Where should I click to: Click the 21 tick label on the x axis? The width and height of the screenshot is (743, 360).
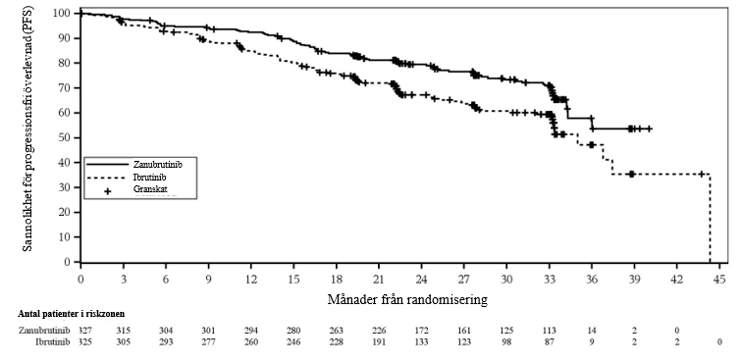pyautogui.click(x=379, y=279)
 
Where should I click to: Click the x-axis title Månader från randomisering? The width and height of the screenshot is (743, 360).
pyautogui.click(x=407, y=299)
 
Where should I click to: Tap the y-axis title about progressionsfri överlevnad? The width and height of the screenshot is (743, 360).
pyautogui.click(x=27, y=129)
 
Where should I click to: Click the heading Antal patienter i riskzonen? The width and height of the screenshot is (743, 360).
pyautogui.click(x=72, y=314)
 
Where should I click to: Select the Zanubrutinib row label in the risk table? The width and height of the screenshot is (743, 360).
pyautogui.click(x=44, y=330)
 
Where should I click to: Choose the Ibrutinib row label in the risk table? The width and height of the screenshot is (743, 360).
pyautogui.click(x=53, y=341)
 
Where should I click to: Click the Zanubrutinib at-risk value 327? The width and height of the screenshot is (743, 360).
pyautogui.click(x=80, y=330)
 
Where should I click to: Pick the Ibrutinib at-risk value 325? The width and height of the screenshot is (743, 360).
pyautogui.click(x=80, y=341)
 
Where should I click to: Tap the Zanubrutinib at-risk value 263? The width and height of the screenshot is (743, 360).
pyautogui.click(x=337, y=330)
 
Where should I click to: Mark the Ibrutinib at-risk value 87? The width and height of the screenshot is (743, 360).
pyautogui.click(x=550, y=341)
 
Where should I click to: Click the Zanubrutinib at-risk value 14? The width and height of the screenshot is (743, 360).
pyautogui.click(x=592, y=330)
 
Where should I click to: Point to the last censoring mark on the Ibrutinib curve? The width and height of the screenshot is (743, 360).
pyautogui.click(x=702, y=175)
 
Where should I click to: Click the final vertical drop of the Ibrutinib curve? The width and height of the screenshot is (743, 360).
pyautogui.click(x=710, y=218)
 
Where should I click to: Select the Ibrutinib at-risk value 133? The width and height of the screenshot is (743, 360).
pyautogui.click(x=422, y=341)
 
